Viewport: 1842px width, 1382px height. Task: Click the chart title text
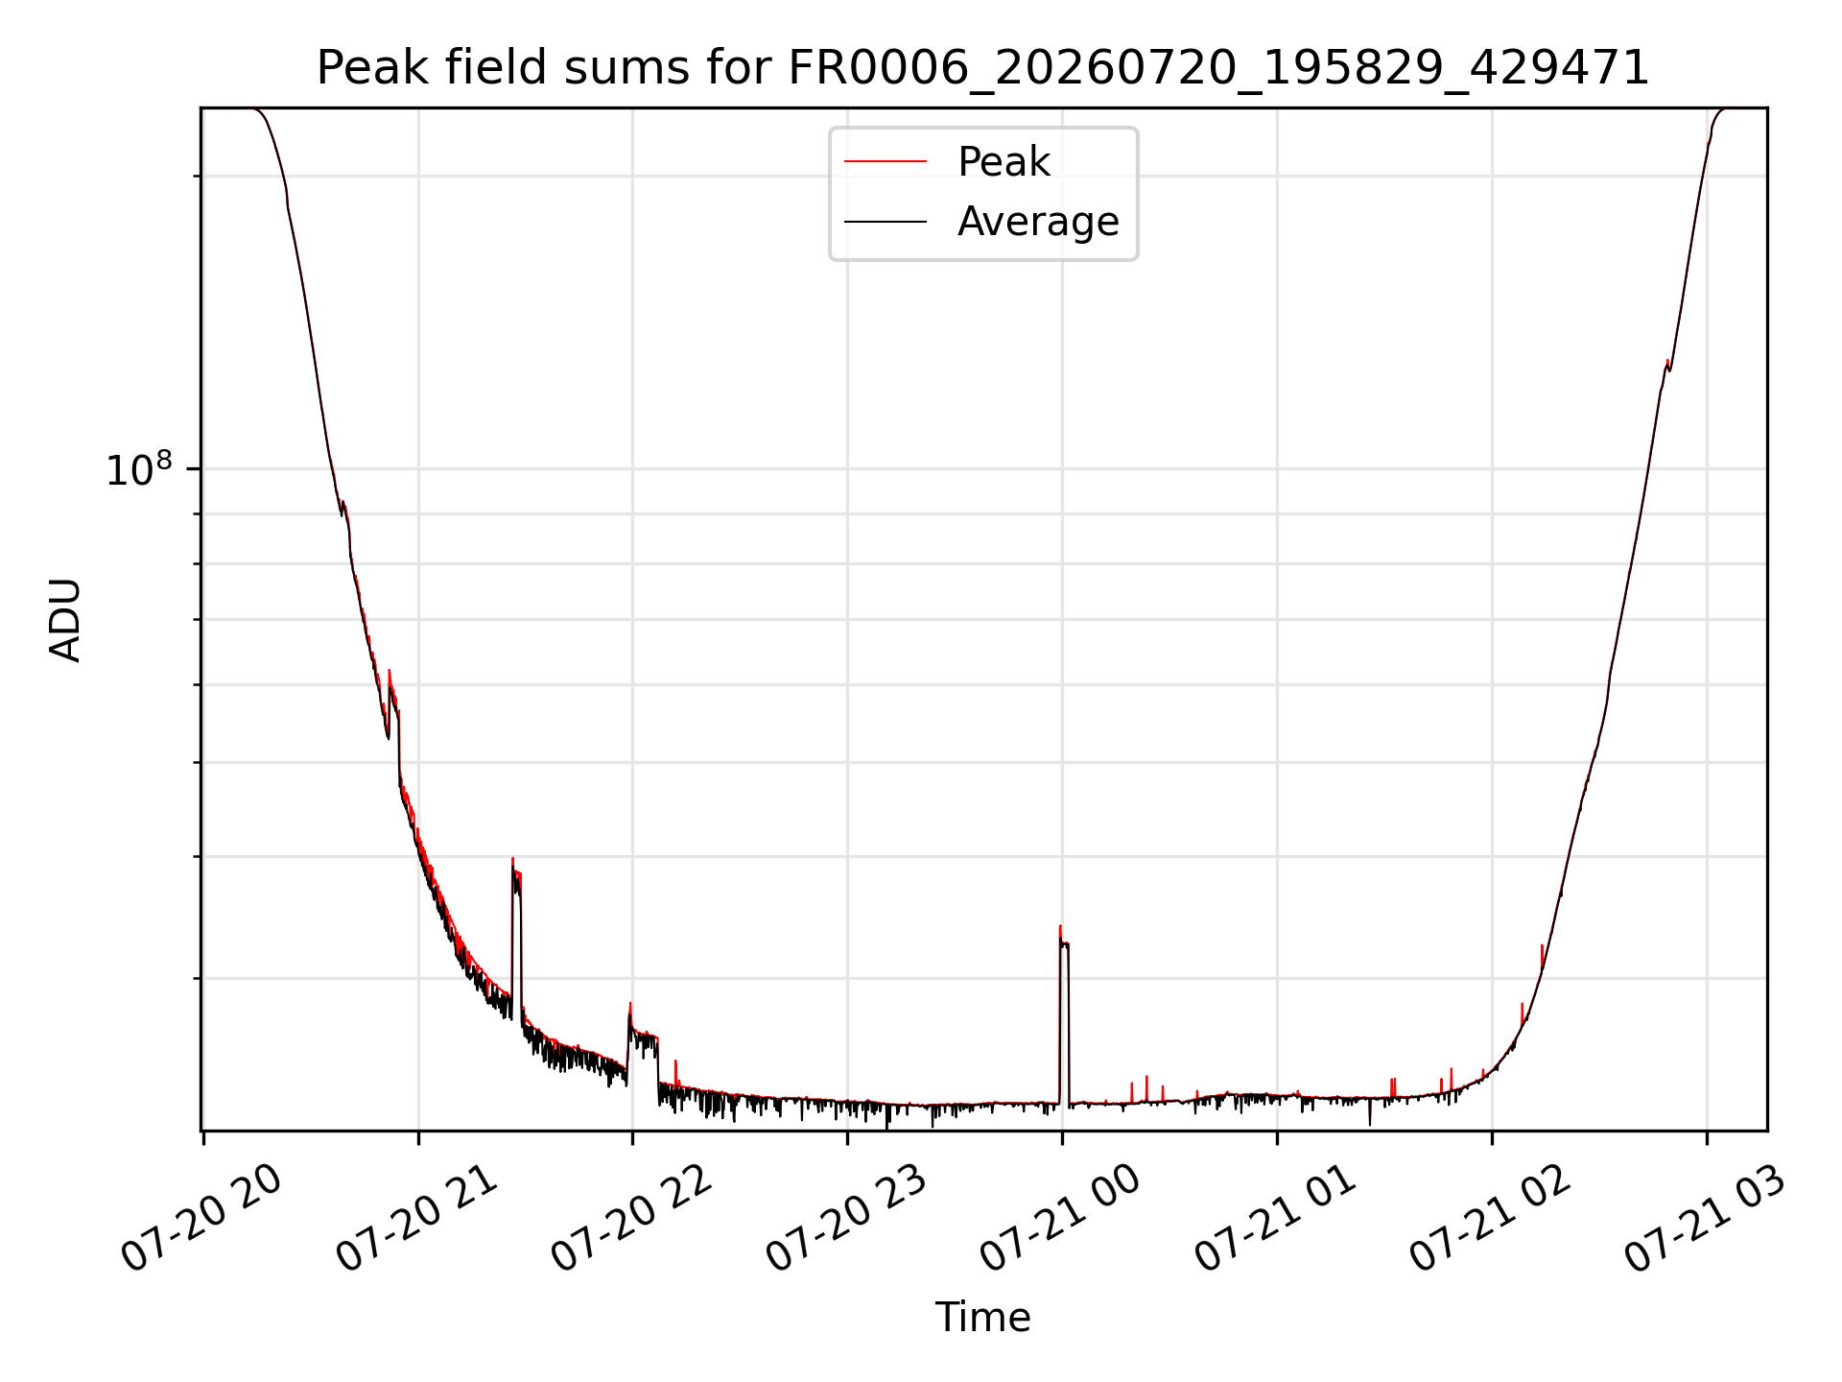pos(982,68)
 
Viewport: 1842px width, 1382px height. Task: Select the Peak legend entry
pos(1004,161)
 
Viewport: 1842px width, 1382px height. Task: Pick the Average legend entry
pos(1038,222)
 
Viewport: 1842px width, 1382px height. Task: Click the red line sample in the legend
pos(886,161)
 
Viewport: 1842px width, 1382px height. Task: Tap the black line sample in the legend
pos(886,222)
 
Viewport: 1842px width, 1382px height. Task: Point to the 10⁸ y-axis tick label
pos(139,470)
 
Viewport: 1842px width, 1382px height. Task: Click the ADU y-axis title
pos(65,620)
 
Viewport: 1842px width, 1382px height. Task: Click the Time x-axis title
pos(982,1318)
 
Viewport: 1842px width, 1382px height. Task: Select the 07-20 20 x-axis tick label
pos(203,1219)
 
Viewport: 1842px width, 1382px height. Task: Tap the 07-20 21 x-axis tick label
pos(418,1219)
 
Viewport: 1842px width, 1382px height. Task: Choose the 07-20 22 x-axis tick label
pos(633,1219)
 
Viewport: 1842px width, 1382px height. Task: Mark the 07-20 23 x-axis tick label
pos(848,1219)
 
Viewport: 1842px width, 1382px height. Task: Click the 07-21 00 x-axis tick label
pos(1062,1219)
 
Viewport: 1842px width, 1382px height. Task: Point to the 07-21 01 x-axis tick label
pos(1277,1219)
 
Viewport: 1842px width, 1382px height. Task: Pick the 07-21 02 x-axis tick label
pos(1492,1219)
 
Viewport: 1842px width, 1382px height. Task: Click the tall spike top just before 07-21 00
pos(1060,926)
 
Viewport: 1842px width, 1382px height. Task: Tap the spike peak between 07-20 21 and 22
pos(512,858)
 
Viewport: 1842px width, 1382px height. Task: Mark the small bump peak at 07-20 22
pos(630,1003)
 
